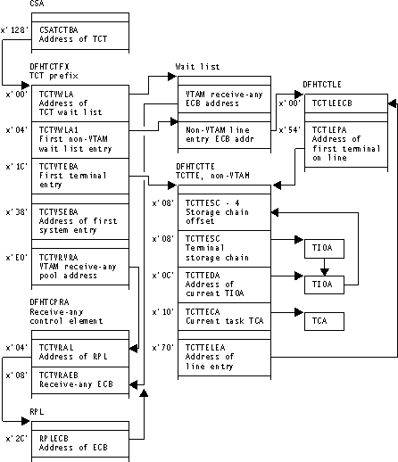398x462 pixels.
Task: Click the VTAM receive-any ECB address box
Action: pyautogui.click(x=220, y=99)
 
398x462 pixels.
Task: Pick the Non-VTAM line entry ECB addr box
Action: pyautogui.click(x=220, y=135)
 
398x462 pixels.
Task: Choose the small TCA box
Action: pyautogui.click(x=321, y=318)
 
